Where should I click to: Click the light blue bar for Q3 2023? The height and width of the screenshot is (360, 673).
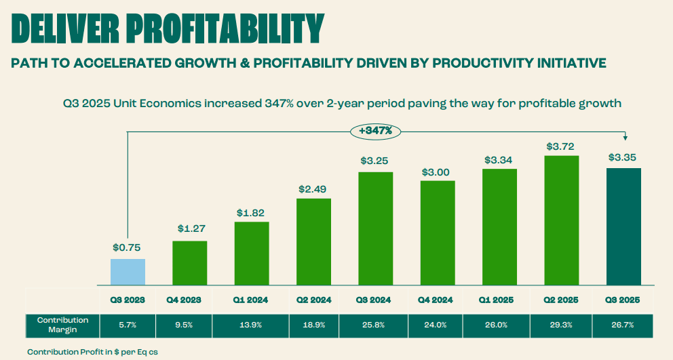[x=128, y=272]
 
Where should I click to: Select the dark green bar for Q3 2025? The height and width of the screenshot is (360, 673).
[x=623, y=226]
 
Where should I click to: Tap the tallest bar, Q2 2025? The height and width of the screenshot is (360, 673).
[x=562, y=220]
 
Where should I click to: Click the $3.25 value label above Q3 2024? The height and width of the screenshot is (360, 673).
[x=375, y=161]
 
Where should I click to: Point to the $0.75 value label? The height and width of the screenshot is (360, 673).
[x=128, y=248]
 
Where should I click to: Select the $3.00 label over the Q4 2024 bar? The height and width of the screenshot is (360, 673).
[x=438, y=172]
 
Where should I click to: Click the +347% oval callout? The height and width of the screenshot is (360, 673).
[x=375, y=130]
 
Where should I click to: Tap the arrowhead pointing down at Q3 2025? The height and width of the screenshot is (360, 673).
[x=626, y=136]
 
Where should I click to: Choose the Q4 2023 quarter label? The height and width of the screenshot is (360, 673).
[x=189, y=300]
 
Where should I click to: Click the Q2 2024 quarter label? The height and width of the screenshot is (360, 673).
[x=313, y=300]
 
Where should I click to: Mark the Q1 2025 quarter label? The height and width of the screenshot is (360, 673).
[x=499, y=300]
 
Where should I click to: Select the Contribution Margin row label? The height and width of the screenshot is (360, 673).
[x=62, y=325]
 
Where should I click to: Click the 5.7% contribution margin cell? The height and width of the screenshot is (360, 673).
[x=128, y=325]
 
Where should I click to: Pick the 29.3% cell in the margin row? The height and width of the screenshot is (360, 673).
[x=562, y=325]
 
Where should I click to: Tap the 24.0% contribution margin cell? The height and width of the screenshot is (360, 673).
[x=438, y=325]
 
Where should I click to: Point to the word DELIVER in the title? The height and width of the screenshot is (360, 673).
[x=66, y=28]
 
